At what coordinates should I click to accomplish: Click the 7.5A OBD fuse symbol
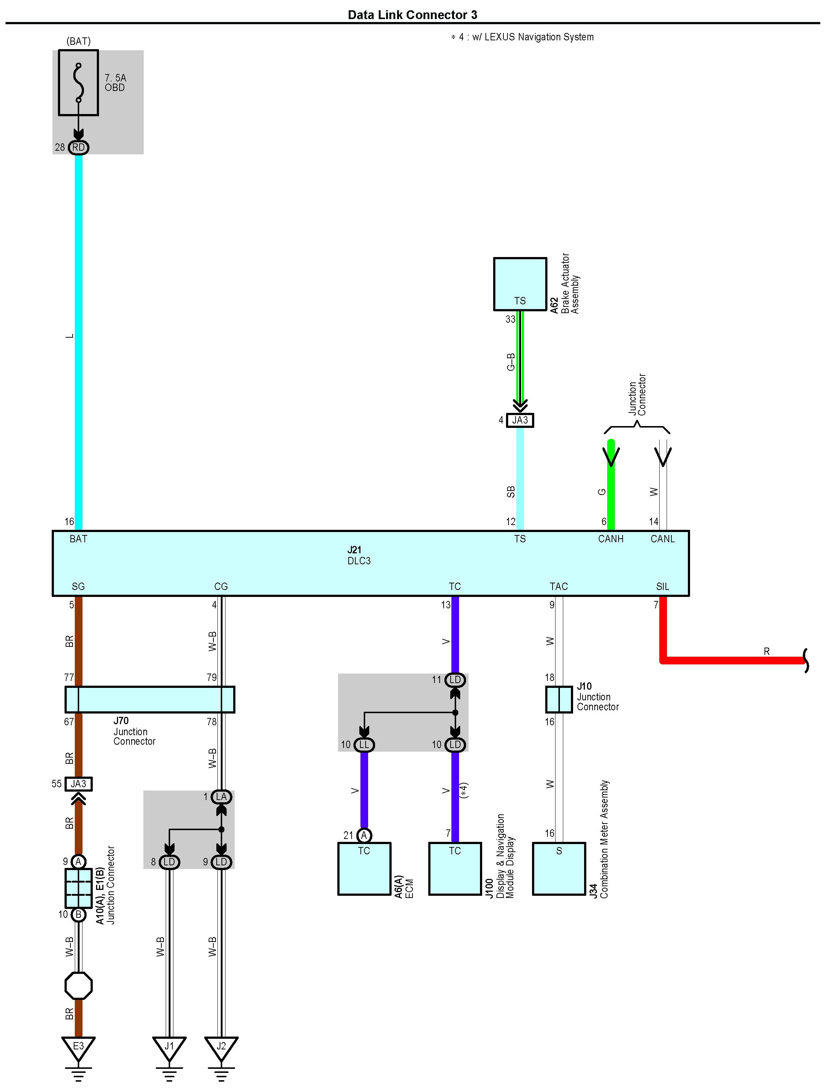(x=78, y=83)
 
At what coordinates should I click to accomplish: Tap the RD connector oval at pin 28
(x=78, y=147)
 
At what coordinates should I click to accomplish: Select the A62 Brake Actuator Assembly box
(x=520, y=284)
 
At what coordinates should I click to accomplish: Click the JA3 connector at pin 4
(x=520, y=420)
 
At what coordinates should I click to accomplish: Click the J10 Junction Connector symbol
(x=559, y=700)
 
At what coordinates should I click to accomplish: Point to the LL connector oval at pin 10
(x=364, y=745)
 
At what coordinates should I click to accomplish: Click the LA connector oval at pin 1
(x=221, y=796)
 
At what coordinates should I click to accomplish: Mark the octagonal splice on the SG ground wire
(x=78, y=986)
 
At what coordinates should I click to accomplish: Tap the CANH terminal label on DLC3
(x=610, y=539)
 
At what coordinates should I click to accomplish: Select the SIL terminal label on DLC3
(x=663, y=586)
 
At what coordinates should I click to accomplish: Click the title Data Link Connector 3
(x=412, y=15)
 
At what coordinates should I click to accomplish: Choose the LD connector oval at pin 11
(x=455, y=680)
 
